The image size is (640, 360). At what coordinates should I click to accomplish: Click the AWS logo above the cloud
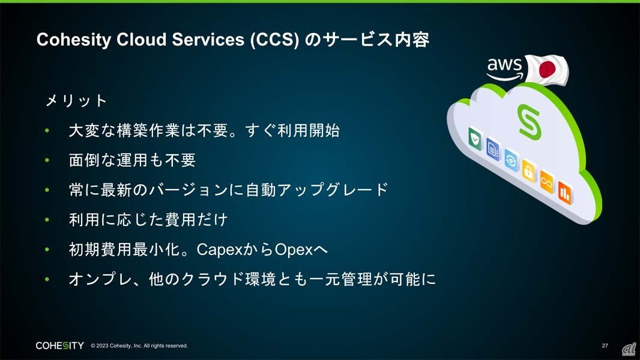click(x=505, y=68)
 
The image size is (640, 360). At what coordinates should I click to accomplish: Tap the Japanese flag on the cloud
click(x=547, y=70)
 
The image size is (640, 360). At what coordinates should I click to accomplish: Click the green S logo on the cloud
click(x=530, y=122)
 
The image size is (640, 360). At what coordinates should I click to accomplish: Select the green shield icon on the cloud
click(x=475, y=139)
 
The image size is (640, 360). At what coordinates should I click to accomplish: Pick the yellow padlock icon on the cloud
click(x=528, y=171)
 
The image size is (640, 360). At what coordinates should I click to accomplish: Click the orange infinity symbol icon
click(x=547, y=181)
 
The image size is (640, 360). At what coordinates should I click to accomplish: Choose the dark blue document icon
click(x=493, y=149)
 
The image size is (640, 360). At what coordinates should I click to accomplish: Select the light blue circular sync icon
click(x=511, y=160)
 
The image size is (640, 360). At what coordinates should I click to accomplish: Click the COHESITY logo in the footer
click(x=59, y=346)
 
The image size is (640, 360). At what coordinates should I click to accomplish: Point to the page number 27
click(x=605, y=346)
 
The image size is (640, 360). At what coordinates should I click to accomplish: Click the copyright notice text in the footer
click(x=139, y=346)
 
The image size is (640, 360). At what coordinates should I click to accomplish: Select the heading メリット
click(x=76, y=100)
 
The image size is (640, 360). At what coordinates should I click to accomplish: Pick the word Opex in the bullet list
click(x=294, y=250)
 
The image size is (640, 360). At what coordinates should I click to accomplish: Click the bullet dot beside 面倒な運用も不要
click(x=47, y=160)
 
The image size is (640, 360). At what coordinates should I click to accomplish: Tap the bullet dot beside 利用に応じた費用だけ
click(x=47, y=220)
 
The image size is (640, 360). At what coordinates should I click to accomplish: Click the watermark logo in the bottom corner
click(x=629, y=349)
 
